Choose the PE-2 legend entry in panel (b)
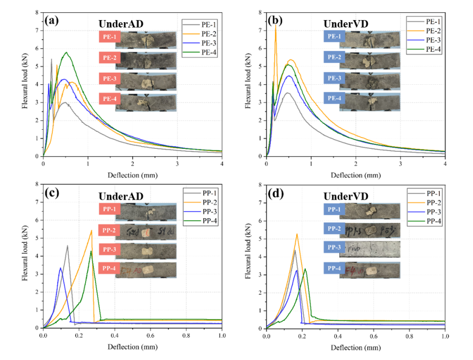tap(423, 30)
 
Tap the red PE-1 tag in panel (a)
tap(106, 37)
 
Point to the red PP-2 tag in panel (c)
tap(106, 230)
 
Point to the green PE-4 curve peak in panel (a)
tap(66, 52)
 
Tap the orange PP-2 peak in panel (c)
tap(92, 230)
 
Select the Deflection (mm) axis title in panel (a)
tap(132, 175)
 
